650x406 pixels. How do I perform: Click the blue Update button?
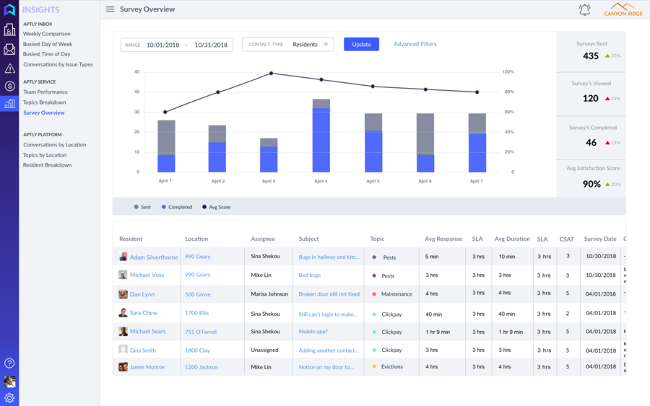point(361,45)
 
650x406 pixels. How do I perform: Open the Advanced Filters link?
point(415,45)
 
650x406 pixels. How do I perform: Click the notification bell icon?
point(584,10)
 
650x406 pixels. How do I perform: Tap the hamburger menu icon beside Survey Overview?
point(110,9)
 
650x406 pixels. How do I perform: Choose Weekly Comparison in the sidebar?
point(47,34)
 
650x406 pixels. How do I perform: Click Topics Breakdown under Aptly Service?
point(45,102)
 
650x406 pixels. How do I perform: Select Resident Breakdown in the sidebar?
point(48,165)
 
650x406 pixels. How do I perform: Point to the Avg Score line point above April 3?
point(271,73)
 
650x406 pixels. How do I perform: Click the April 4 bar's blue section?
point(321,141)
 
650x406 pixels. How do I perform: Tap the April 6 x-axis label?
point(425,181)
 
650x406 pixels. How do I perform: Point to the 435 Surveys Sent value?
point(591,56)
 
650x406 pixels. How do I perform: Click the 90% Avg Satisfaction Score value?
point(591,184)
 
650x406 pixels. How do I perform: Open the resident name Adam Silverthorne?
point(154,257)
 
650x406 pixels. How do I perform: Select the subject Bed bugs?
point(310,275)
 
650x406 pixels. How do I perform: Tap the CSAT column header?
point(566,239)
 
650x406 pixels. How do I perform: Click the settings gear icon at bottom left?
point(9,398)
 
